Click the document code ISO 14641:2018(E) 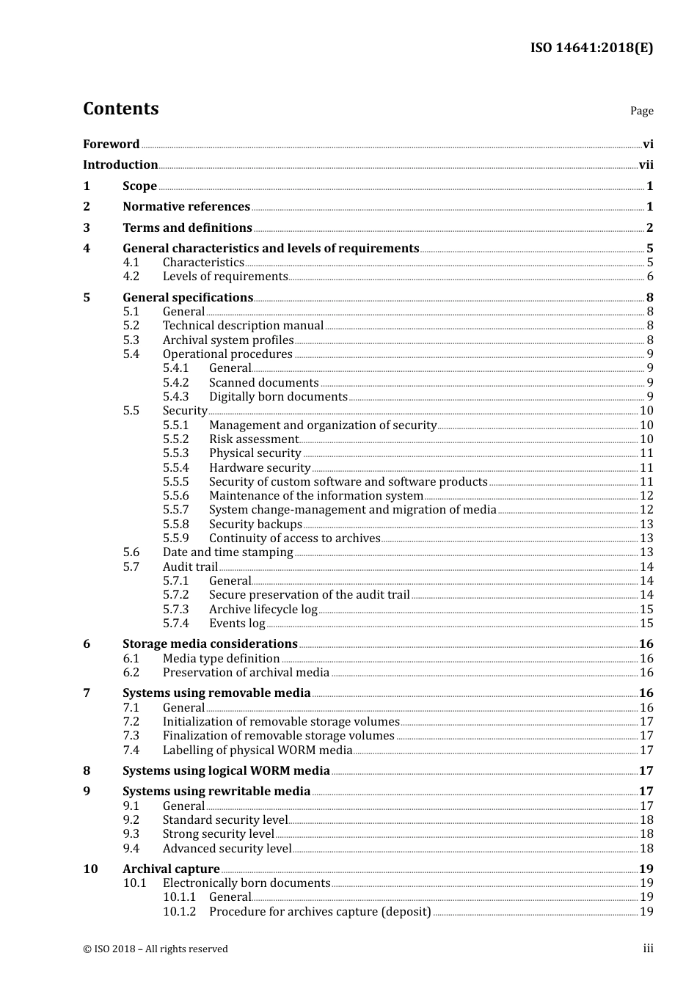591,48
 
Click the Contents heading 120,109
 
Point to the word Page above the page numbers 641,111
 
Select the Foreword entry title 111,145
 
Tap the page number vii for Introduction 646,165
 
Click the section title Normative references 186,207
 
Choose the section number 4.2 131,277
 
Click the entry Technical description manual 243,326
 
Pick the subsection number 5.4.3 175,397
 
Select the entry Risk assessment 254,439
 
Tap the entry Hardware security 260,468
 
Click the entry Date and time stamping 227,552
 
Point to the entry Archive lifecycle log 263,610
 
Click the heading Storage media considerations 210,644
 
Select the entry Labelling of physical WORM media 258,751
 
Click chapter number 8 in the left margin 87,771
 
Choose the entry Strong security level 218,834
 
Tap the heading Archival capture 171,869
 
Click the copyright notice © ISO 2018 155,949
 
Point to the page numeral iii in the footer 648,949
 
